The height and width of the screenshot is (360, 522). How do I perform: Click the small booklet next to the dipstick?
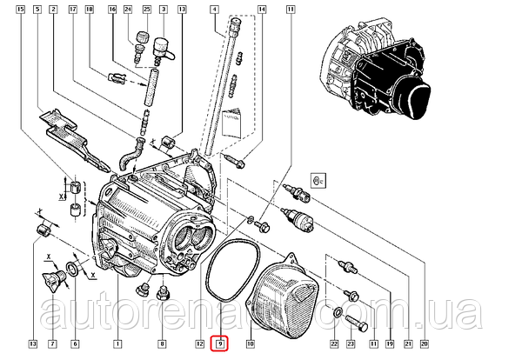point(230,124)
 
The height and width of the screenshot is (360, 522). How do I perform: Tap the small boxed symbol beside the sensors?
point(317,182)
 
